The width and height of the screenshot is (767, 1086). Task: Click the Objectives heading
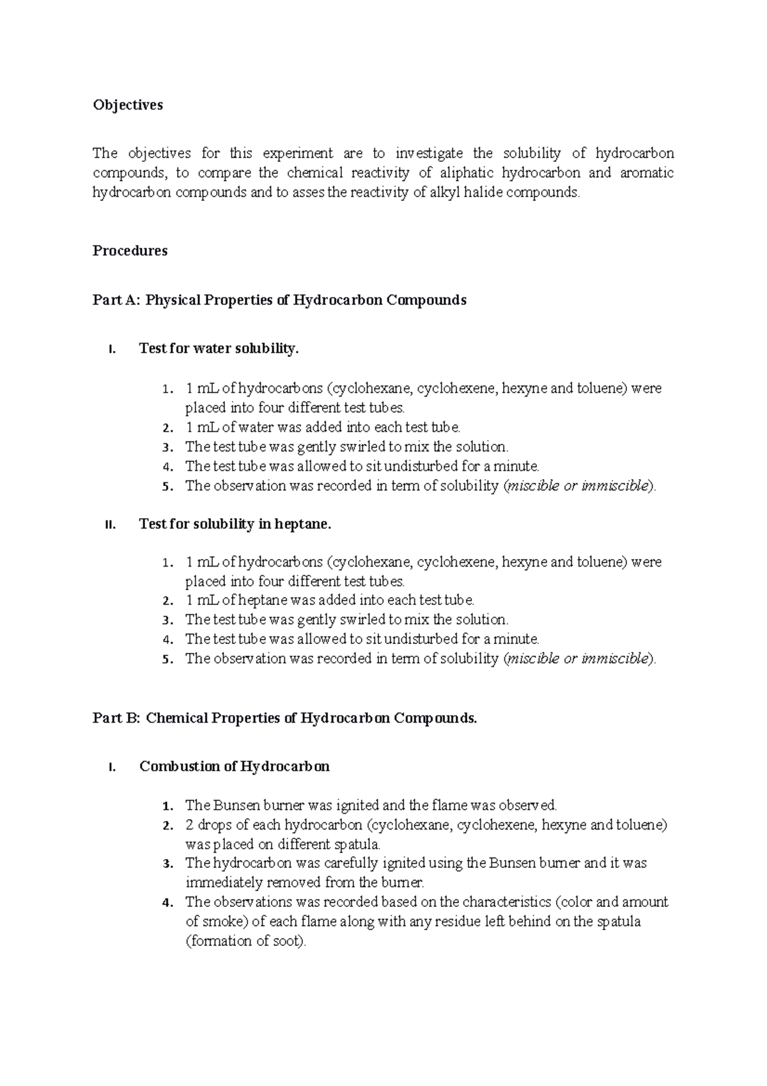tap(128, 105)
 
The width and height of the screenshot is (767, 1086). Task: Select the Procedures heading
tap(130, 251)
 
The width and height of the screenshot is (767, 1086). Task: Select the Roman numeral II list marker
tap(109, 525)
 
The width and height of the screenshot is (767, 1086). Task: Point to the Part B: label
tap(116, 718)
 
